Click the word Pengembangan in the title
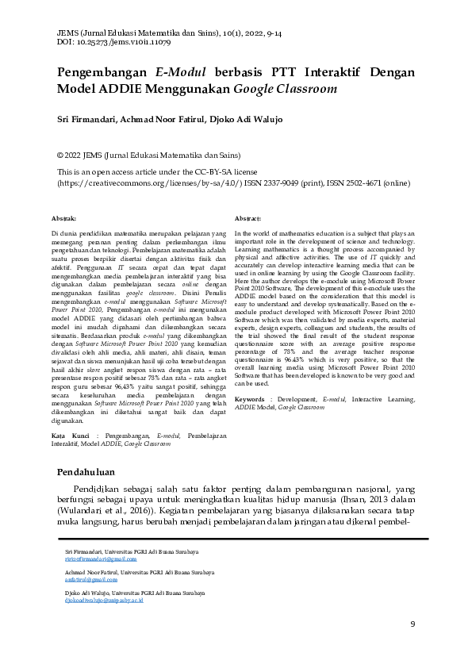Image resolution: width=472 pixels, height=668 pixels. [x=103, y=72]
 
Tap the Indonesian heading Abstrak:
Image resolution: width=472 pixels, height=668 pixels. [x=63, y=217]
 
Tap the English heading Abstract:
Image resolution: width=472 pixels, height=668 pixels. [x=248, y=217]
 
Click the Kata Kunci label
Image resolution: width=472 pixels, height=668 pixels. [x=68, y=436]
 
